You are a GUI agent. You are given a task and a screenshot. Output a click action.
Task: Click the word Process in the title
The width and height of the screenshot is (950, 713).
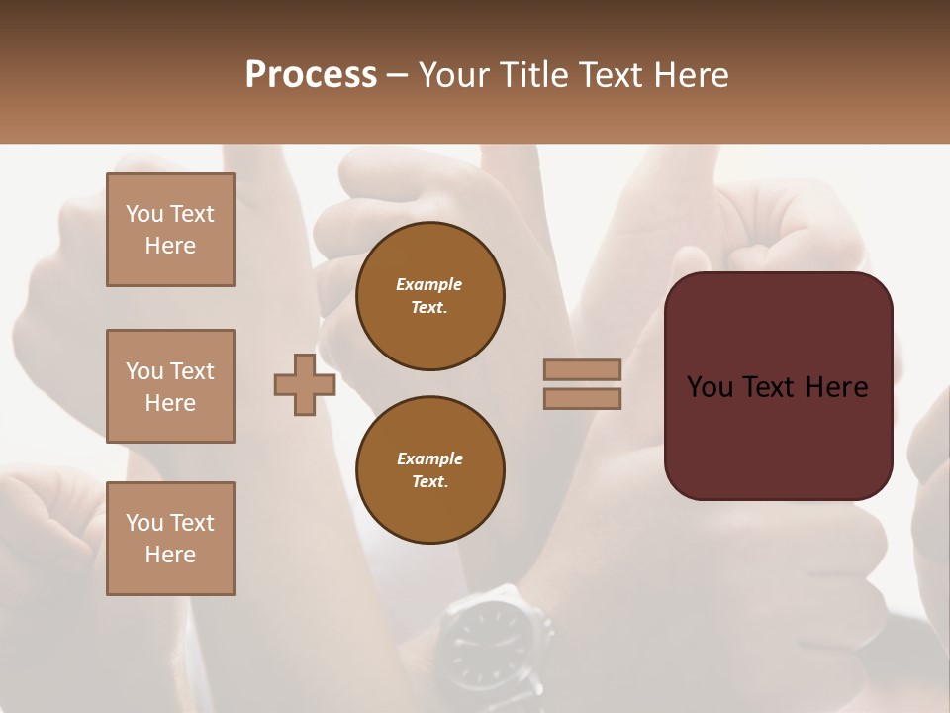coord(311,75)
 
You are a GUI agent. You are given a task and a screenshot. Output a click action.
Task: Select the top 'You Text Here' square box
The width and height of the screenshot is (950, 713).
coord(170,230)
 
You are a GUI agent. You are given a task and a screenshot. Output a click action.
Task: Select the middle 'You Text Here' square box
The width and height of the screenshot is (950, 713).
coord(170,386)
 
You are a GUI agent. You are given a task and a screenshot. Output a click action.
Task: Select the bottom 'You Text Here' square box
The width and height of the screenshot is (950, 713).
coord(170,539)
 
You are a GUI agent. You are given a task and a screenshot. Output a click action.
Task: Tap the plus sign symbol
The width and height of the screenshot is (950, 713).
coord(305,384)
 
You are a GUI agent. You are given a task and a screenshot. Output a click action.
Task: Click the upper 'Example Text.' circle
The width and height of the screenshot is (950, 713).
coord(430,296)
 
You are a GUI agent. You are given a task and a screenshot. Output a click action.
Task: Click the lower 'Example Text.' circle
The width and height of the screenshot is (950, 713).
coord(430,470)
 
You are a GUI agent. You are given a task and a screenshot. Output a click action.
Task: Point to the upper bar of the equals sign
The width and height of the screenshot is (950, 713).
coord(582,369)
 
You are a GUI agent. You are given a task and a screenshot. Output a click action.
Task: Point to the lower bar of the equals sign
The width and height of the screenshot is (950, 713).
coord(582,399)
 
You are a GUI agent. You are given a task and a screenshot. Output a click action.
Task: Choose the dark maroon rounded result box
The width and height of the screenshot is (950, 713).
coord(778,386)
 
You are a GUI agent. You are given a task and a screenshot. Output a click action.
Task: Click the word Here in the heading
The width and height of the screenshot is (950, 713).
coord(692,75)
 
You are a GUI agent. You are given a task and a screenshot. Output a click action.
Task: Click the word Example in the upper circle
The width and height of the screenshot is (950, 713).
coord(429,284)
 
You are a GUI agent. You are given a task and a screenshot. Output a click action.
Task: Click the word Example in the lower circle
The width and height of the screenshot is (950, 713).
coord(429,458)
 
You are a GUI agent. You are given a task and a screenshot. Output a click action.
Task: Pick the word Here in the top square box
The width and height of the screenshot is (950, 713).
coord(170,246)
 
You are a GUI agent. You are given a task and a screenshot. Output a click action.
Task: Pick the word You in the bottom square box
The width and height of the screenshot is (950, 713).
coord(144,523)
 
